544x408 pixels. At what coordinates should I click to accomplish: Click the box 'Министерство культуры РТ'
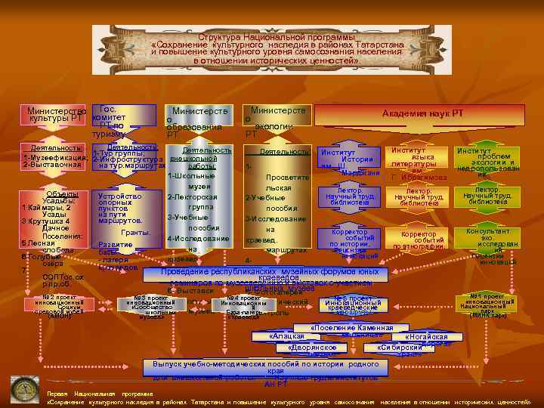tap(56, 115)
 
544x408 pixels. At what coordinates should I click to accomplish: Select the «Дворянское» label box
tap(311, 348)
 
